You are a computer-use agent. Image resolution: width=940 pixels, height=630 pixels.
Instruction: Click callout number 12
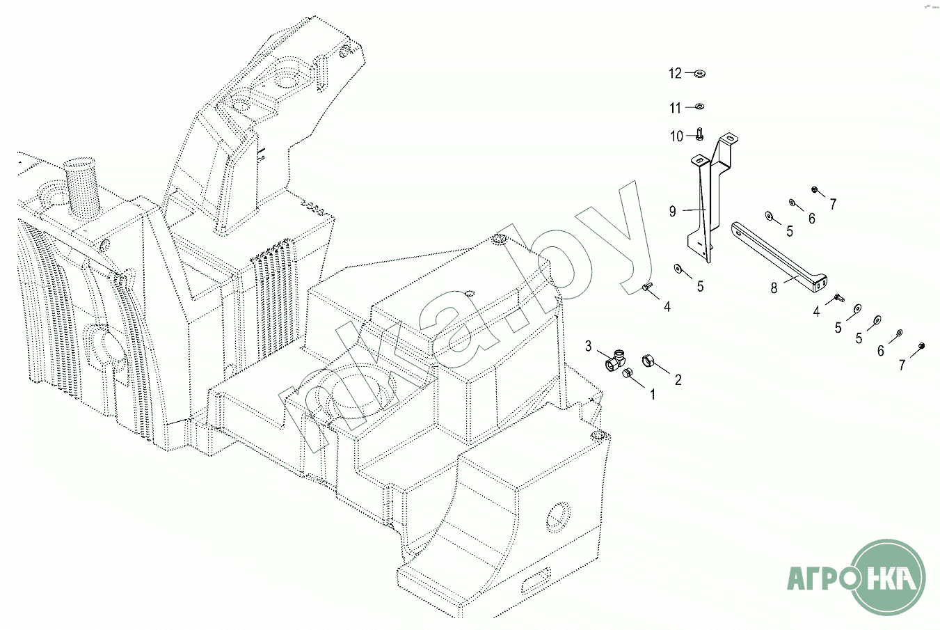pos(675,74)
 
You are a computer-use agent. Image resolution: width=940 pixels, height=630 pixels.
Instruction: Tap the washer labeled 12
pos(699,74)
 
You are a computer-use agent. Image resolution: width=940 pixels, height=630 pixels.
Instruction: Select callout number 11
pos(675,108)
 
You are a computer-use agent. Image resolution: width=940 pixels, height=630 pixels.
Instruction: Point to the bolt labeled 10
pos(699,134)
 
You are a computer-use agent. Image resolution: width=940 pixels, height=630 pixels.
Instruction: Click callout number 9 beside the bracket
pos(673,211)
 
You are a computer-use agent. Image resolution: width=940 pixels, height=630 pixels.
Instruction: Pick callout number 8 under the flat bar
pos(774,288)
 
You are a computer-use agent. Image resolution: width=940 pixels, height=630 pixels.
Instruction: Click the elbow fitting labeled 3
pos(616,361)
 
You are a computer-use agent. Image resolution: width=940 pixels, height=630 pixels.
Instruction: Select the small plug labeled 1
pos(628,372)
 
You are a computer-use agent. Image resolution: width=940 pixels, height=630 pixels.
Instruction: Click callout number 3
pos(589,346)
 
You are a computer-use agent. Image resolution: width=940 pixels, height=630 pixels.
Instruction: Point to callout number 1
pos(653,394)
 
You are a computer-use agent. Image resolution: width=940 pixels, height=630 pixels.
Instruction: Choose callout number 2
pos(678,380)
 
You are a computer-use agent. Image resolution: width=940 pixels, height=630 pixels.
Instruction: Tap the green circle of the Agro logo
pos(890,577)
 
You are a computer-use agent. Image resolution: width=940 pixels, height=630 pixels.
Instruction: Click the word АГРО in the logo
pos(818,578)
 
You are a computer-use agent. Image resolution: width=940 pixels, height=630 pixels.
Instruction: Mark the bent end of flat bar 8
pos(818,284)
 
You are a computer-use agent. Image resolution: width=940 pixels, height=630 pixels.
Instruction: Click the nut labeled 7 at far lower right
pos(921,345)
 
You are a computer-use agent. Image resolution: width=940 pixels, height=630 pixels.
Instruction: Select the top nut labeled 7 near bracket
pos(814,189)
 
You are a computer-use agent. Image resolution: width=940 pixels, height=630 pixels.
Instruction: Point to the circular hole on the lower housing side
pos(558,517)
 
